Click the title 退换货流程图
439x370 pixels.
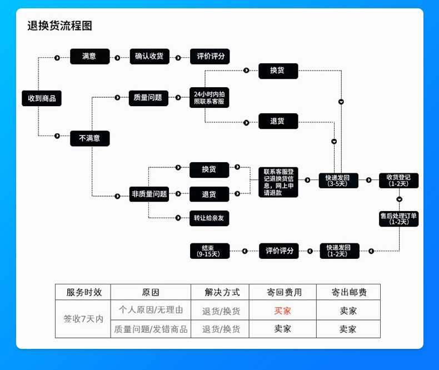coord(59,26)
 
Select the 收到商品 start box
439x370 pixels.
coord(42,98)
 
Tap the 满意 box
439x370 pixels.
coord(89,57)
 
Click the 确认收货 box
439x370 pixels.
coord(149,57)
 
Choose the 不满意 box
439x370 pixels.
coord(89,138)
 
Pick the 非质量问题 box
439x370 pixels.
coord(149,194)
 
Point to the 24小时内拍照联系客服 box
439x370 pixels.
coord(209,97)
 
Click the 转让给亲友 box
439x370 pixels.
coord(209,218)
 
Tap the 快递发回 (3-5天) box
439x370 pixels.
coord(338,181)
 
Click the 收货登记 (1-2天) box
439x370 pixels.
coord(398,181)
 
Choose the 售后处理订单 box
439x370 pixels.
coord(398,218)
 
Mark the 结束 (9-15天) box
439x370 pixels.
coord(209,251)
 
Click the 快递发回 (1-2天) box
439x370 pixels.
coord(339,251)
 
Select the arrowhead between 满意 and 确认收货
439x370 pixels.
coord(117,57)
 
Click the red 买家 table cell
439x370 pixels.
coord(283,311)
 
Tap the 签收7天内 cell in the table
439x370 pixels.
coord(83,319)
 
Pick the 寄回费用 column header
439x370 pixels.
coord(283,292)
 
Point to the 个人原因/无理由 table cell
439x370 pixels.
coord(151,310)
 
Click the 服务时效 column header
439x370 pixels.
coord(83,292)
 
